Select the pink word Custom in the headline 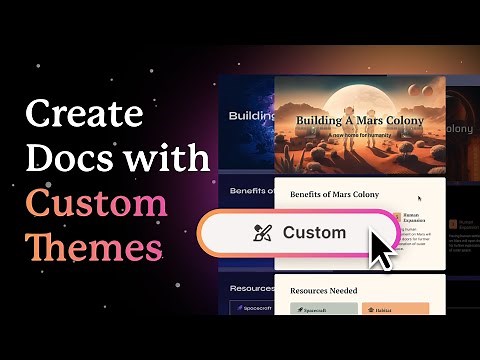pyautogui.click(x=96, y=203)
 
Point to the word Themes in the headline pyautogui.click(x=94, y=247)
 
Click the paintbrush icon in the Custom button pyautogui.click(x=262, y=233)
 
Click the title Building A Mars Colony pyautogui.click(x=359, y=121)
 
